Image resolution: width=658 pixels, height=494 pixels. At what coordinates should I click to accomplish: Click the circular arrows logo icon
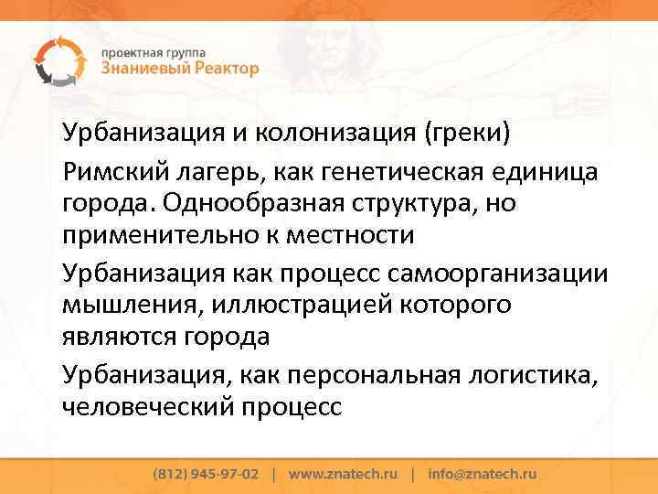point(57,60)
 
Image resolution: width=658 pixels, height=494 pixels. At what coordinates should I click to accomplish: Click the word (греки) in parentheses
point(468,134)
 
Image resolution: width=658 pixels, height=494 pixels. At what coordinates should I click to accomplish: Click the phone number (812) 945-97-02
point(206,475)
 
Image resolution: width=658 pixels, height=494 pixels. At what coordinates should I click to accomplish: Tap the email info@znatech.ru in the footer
point(482,475)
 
